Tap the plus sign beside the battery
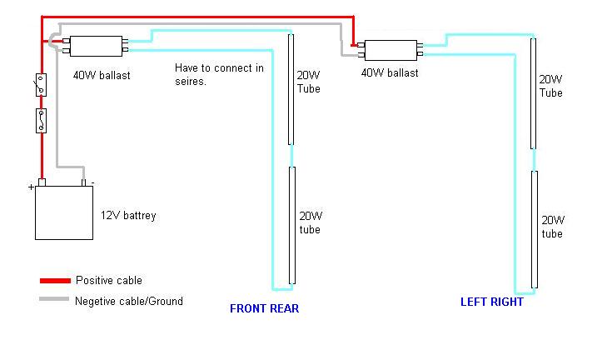click(x=31, y=188)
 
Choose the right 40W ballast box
click(x=390, y=51)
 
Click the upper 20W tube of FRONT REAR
click(x=291, y=88)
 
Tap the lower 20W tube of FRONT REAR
click(x=291, y=225)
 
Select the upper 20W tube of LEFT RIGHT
click(x=532, y=92)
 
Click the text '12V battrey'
click(x=127, y=216)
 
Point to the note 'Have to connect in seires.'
click(x=219, y=74)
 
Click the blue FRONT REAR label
click(x=264, y=308)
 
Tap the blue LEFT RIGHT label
click(x=492, y=302)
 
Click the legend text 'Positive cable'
click(x=109, y=281)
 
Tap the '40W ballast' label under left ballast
click(x=101, y=76)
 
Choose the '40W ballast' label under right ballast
click(x=389, y=73)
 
